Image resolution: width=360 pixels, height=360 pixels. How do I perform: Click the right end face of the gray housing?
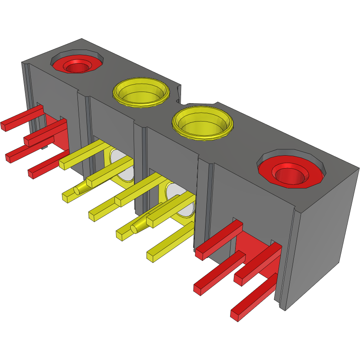tap(323, 241)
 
